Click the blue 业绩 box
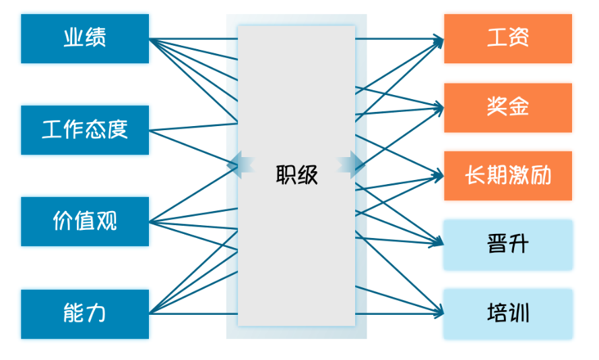click(85, 38)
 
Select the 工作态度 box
click(85, 129)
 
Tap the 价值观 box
click(85, 221)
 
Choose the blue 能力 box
click(85, 313)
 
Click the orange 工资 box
click(507, 38)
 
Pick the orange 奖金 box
click(507, 107)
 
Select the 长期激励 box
click(507, 176)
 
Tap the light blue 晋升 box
click(507, 244)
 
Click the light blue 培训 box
click(507, 313)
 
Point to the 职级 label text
click(296, 175)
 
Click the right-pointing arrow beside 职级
click(352, 164)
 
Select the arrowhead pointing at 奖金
click(440, 107)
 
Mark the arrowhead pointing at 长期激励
click(440, 175)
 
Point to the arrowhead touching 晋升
click(440, 243)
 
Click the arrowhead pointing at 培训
click(440, 312)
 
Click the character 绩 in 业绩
click(96, 38)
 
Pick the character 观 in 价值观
click(106, 221)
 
